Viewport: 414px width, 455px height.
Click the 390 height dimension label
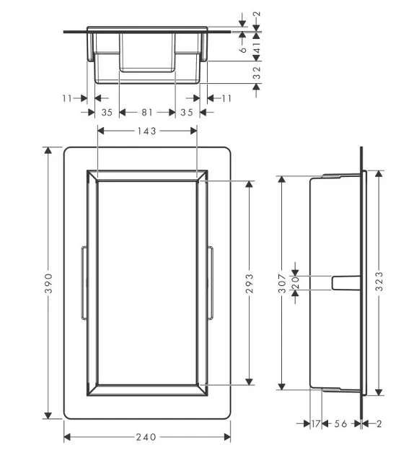48,283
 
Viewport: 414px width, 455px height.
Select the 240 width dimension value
146,437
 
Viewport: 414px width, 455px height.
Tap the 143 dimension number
147,131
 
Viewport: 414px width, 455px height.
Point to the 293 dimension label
250,283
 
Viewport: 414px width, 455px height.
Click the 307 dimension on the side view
282,283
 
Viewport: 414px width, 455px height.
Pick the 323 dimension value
379,282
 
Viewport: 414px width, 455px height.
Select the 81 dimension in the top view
147,112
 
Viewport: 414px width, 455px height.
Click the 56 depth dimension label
340,424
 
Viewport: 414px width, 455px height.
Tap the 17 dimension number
316,424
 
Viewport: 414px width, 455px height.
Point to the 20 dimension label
295,283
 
